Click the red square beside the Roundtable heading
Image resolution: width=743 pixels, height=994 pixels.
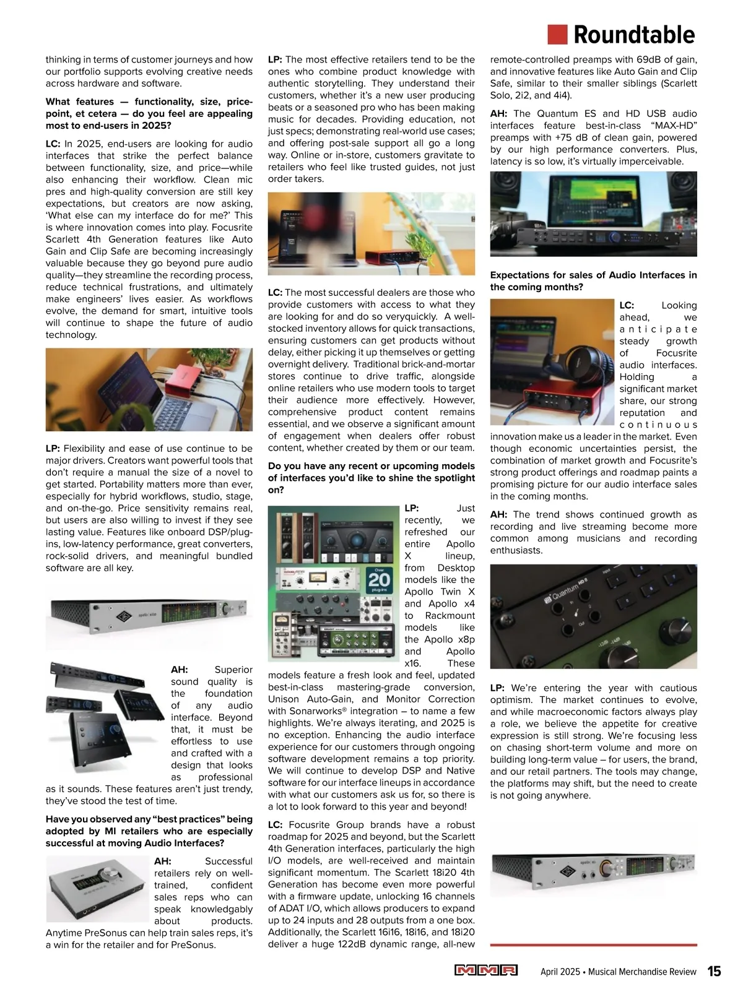click(557, 35)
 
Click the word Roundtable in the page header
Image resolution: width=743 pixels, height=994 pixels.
click(634, 35)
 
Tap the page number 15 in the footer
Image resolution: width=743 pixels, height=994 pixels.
click(714, 971)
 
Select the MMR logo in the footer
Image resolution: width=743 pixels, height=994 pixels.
click(486, 970)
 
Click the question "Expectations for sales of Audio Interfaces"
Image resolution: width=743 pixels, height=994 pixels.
click(593, 281)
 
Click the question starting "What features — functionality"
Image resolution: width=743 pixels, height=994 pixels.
click(149, 113)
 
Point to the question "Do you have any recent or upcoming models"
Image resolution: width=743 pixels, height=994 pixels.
click(371, 478)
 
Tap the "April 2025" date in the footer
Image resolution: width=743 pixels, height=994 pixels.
click(560, 972)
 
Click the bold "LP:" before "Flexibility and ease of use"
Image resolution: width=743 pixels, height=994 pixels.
click(53, 449)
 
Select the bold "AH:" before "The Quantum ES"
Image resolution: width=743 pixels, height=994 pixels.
click(498, 114)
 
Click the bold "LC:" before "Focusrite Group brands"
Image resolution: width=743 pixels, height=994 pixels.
click(275, 825)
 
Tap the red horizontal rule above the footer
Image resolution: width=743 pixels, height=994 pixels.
click(593, 945)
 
